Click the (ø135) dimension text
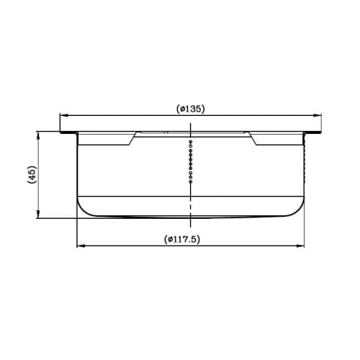coord(191,109)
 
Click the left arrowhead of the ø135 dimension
coord(63,115)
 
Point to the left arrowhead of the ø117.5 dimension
coord(79,246)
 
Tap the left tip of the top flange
coord(60,133)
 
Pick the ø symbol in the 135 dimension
coord(181,109)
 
